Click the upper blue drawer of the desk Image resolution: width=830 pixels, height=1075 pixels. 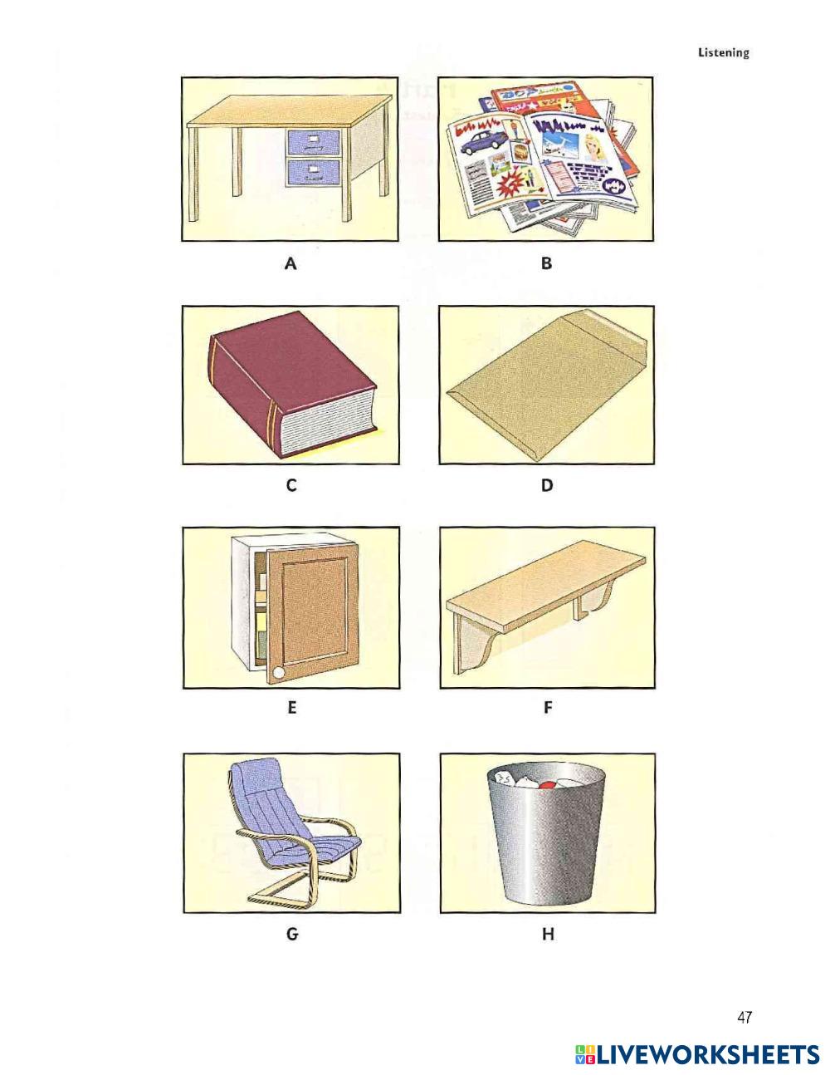(314, 142)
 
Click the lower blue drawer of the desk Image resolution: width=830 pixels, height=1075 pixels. (314, 173)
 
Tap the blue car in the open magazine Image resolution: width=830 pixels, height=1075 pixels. (480, 141)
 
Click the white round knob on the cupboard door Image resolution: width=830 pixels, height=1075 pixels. (279, 672)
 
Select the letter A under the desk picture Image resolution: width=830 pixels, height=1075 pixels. (290, 263)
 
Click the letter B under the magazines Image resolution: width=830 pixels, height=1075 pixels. (546, 263)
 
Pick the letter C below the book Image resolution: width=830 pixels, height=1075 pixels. (291, 485)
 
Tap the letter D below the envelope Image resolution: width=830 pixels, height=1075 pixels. (547, 485)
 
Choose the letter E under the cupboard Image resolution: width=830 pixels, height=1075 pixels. (292, 708)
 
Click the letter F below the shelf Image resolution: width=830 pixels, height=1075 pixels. (548, 708)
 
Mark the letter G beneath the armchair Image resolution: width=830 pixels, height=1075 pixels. (292, 934)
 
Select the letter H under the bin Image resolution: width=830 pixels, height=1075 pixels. (548, 934)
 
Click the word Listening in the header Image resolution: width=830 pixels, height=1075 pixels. (723, 53)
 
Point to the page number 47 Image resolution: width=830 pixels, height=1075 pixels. (745, 1018)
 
